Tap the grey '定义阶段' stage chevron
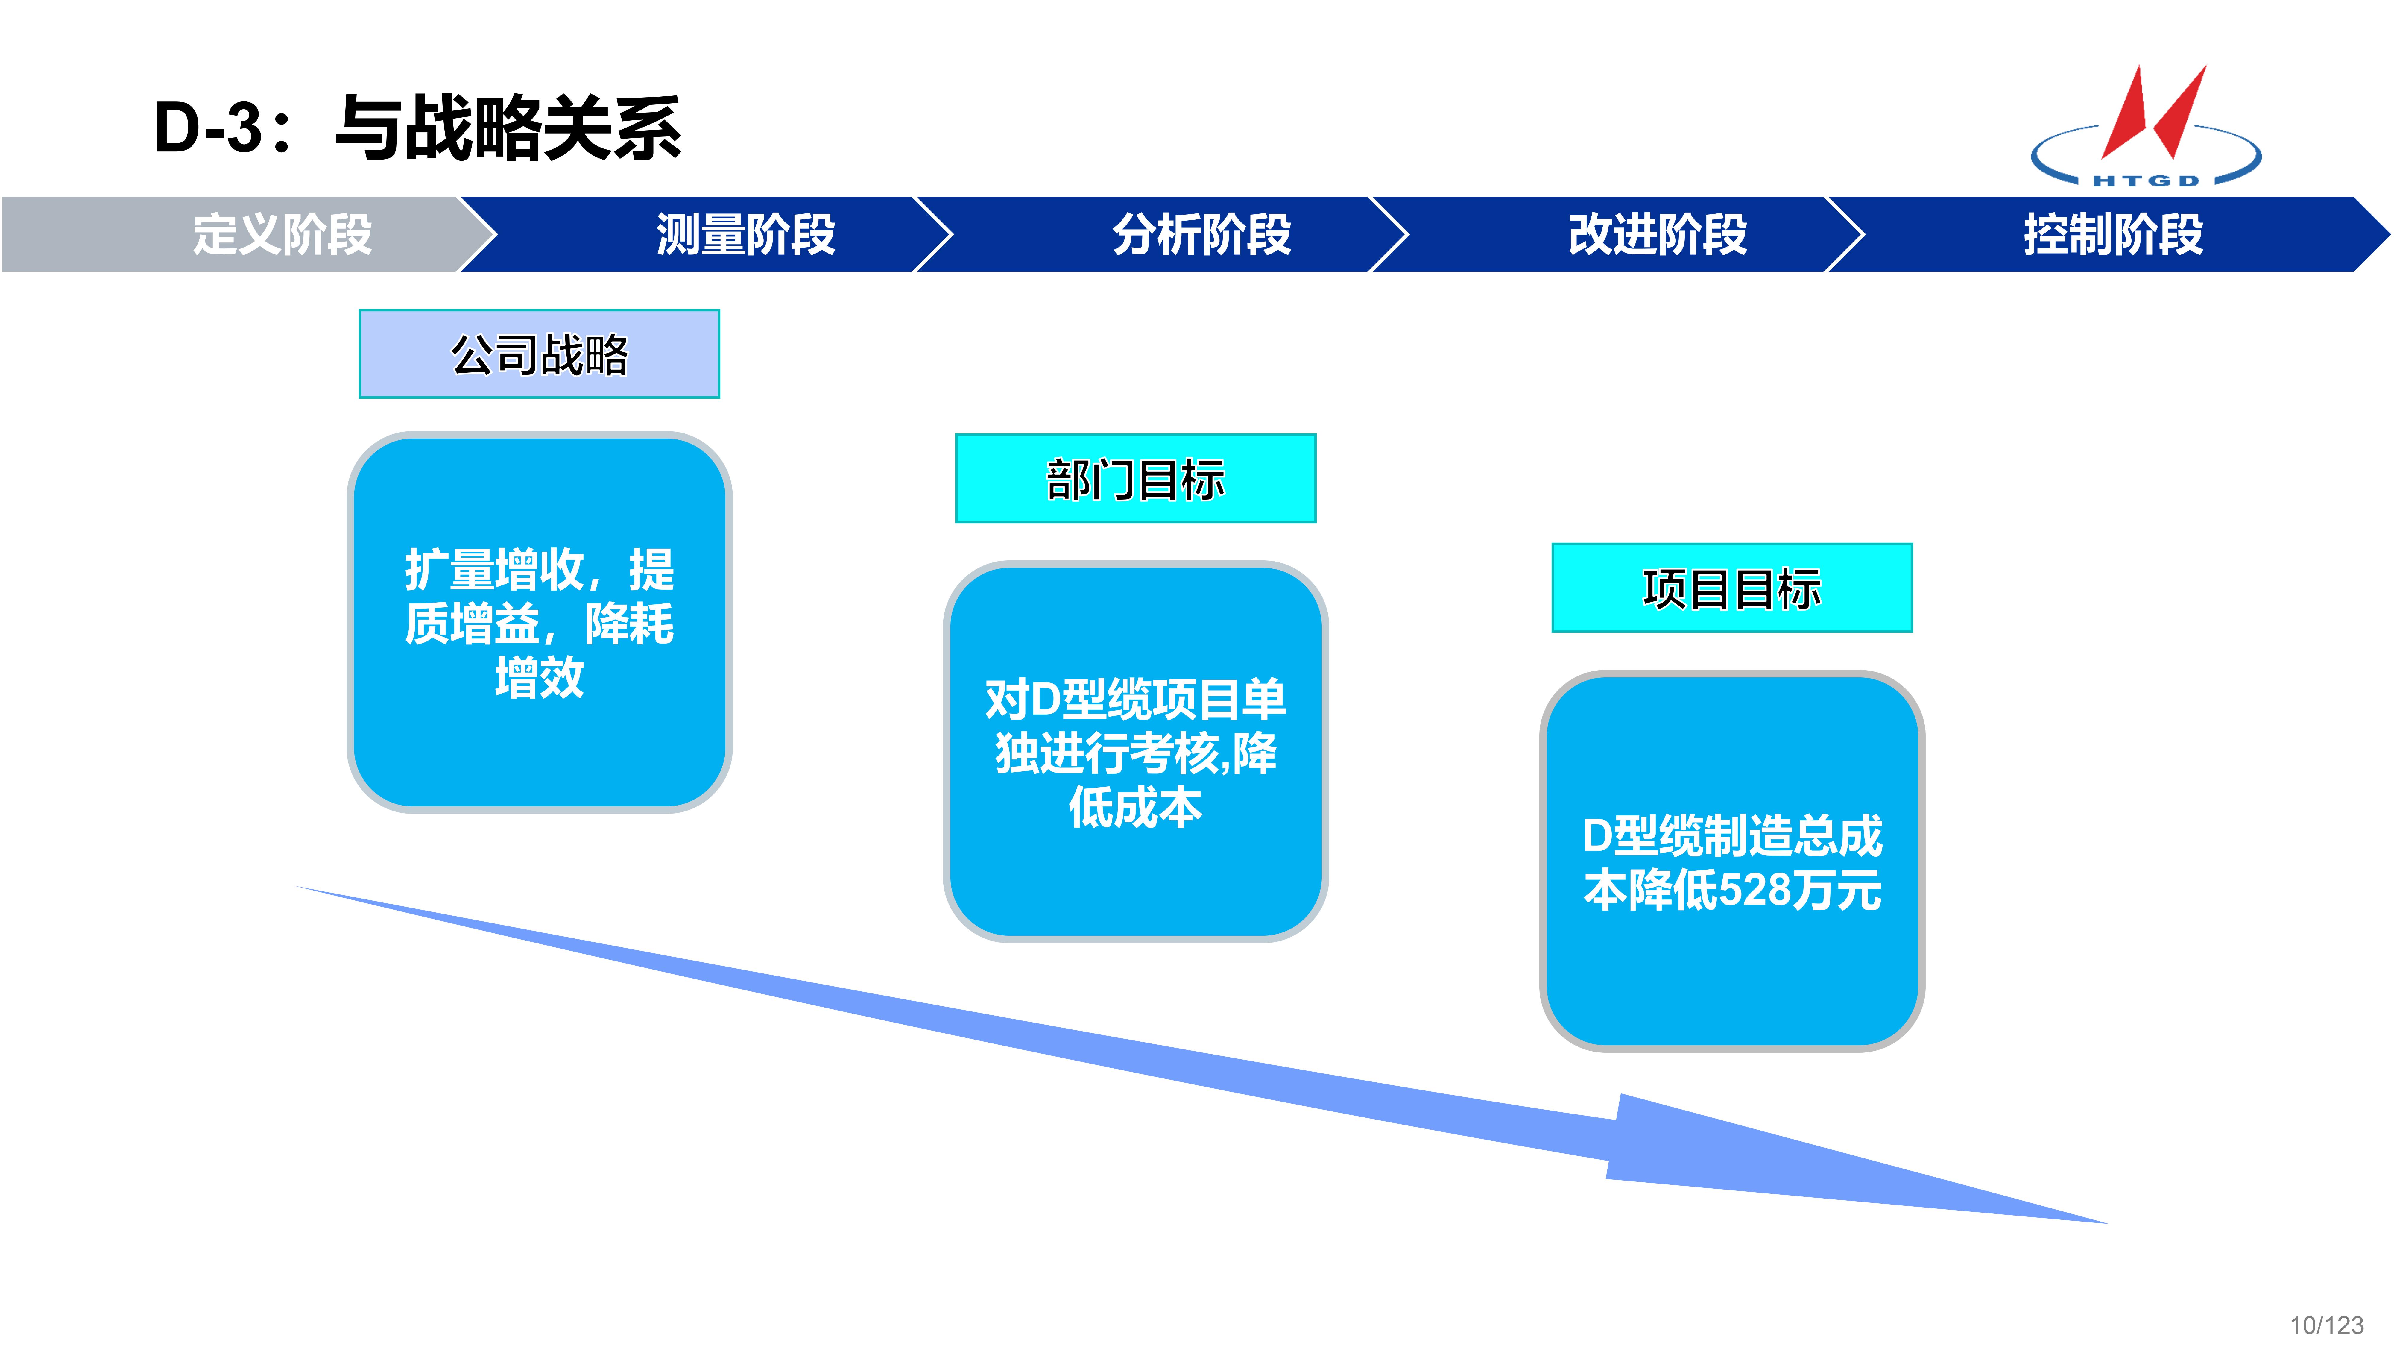tap(282, 234)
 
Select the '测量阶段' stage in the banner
tap(745, 234)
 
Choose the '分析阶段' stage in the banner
tap(1202, 234)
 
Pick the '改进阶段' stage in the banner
tap(1657, 234)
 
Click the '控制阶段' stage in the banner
tap(2112, 234)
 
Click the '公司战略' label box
tap(539, 354)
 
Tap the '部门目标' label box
tap(1136, 479)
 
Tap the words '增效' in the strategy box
tap(539, 677)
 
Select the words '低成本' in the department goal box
tap(1136, 807)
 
